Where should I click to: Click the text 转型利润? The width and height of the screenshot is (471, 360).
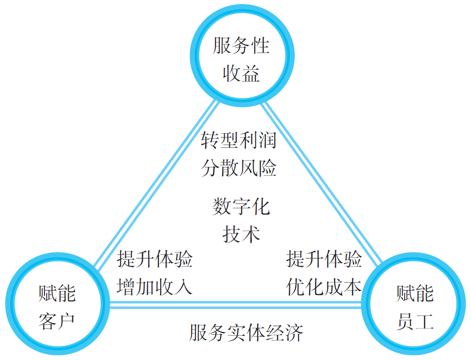tap(239, 140)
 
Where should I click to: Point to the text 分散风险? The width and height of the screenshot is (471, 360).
tap(239, 168)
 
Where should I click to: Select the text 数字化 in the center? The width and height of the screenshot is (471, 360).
tap(241, 207)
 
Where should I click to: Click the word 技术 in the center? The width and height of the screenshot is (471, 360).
tap(241, 234)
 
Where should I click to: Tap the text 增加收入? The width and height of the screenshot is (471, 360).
tap(155, 287)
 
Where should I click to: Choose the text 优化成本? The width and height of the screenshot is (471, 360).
tap(324, 287)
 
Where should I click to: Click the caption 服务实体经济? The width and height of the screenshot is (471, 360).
tap(246, 333)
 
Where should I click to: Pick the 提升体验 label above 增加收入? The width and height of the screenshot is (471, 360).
tap(155, 259)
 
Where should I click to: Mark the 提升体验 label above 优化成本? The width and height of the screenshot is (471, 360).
tap(324, 259)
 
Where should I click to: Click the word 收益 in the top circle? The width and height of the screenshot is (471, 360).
tap(241, 73)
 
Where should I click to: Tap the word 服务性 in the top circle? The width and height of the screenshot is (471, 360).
tap(241, 46)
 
